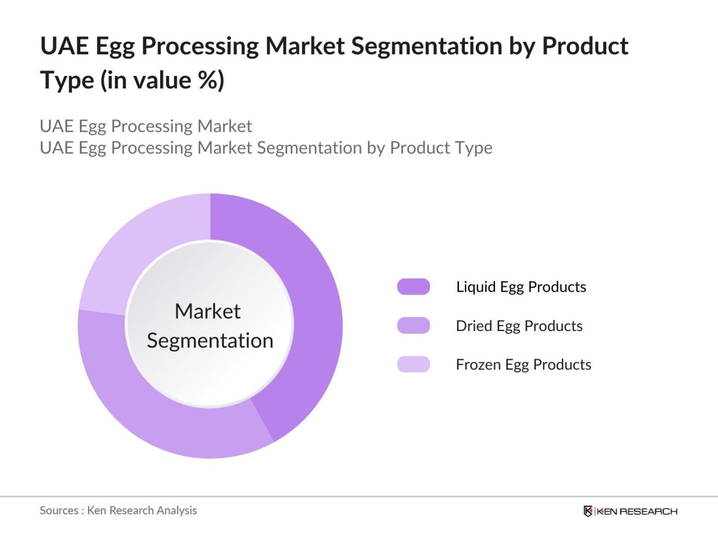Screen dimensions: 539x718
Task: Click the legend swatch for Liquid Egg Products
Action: tap(413, 287)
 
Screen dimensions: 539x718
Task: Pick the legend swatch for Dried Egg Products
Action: tap(413, 326)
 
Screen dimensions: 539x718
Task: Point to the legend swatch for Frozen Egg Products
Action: tap(413, 364)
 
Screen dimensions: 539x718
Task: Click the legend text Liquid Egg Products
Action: tap(521, 287)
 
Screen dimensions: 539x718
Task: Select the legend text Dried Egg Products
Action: tap(519, 326)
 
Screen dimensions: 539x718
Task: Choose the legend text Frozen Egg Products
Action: tap(523, 365)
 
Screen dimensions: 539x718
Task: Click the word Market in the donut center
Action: tap(207, 311)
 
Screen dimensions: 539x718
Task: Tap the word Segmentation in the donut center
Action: tap(210, 341)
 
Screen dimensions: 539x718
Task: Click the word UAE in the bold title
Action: tap(64, 46)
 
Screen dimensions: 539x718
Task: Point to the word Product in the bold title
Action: tap(585, 46)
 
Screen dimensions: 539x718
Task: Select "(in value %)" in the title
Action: tap(162, 80)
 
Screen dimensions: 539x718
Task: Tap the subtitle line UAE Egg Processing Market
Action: tap(146, 126)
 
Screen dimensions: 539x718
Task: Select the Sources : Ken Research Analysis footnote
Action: tap(118, 510)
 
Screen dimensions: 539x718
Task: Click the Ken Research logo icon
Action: tap(587, 511)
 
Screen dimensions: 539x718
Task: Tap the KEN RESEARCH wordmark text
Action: tap(637, 511)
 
